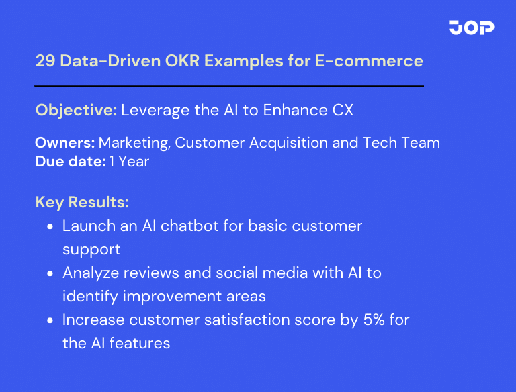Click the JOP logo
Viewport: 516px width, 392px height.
tap(472, 28)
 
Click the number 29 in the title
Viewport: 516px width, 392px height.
tap(46, 61)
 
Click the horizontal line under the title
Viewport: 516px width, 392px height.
tap(229, 86)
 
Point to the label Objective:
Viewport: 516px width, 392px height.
tap(76, 110)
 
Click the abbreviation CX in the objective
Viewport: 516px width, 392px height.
tap(342, 110)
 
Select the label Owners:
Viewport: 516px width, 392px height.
tap(65, 142)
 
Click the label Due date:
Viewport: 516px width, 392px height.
tap(71, 162)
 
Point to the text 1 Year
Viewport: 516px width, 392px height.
tap(129, 162)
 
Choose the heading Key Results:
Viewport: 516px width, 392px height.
tap(82, 202)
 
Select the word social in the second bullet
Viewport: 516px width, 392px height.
tap(238, 273)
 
